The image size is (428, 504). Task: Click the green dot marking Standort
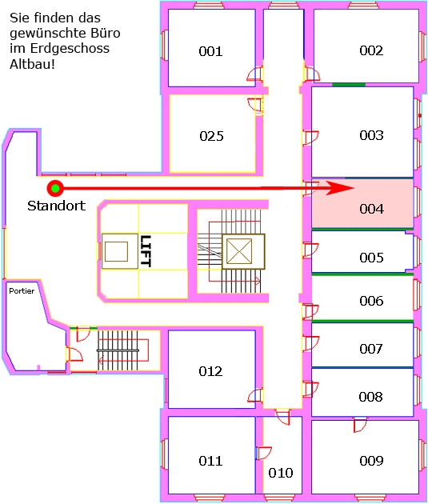pyautogui.click(x=55, y=189)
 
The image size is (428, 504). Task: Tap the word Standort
pyautogui.click(x=57, y=206)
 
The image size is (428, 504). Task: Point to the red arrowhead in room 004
pyautogui.click(x=340, y=188)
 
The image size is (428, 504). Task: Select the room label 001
pyautogui.click(x=210, y=51)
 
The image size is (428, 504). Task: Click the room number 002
pyautogui.click(x=371, y=50)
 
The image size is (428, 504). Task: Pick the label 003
pyautogui.click(x=371, y=135)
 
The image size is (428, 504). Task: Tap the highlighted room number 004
pyautogui.click(x=372, y=209)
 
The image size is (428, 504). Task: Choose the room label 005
pyautogui.click(x=372, y=258)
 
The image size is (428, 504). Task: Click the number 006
pyautogui.click(x=372, y=301)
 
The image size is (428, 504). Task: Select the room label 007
pyautogui.click(x=371, y=349)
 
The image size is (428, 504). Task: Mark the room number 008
pyautogui.click(x=371, y=397)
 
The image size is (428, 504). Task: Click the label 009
pyautogui.click(x=372, y=461)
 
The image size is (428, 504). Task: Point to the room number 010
pyautogui.click(x=281, y=473)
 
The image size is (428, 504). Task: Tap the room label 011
pyautogui.click(x=210, y=461)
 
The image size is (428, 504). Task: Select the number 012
pyautogui.click(x=210, y=371)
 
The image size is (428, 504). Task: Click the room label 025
pyautogui.click(x=211, y=136)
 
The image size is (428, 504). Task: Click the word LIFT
pyautogui.click(x=146, y=251)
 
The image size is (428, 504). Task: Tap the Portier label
pyautogui.click(x=22, y=291)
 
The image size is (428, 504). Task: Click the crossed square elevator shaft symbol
pyautogui.click(x=239, y=251)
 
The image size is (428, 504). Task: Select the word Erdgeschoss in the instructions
pyautogui.click(x=70, y=49)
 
